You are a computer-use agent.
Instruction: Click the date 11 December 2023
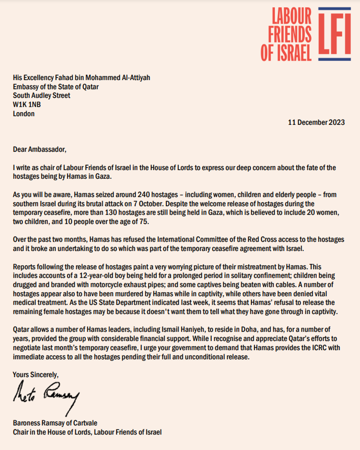coord(316,122)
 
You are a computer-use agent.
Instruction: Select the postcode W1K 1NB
coord(27,104)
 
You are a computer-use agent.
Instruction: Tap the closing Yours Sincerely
coord(36,375)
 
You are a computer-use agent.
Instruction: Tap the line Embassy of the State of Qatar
coord(56,86)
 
